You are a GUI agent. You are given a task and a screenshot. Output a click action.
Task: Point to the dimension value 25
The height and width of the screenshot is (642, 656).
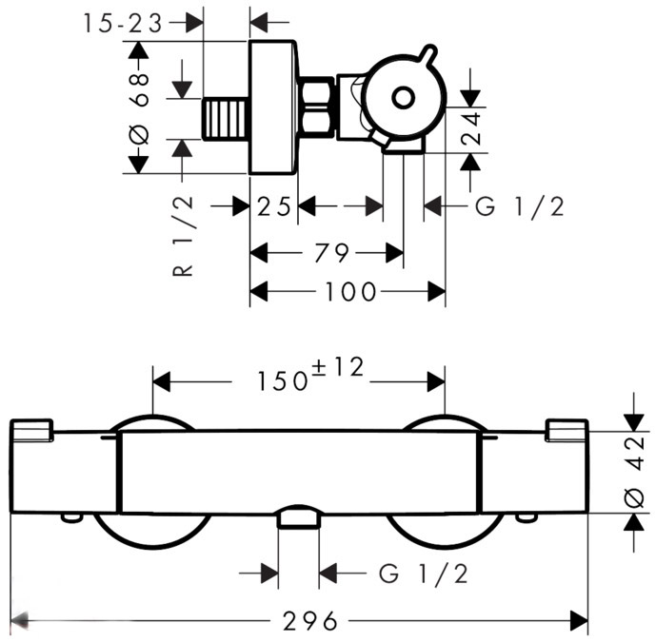[x=273, y=206]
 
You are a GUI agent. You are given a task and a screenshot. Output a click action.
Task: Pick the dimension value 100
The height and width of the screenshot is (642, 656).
[x=349, y=292]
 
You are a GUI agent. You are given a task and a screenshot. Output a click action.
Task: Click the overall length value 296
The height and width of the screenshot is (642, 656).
[x=310, y=622]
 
